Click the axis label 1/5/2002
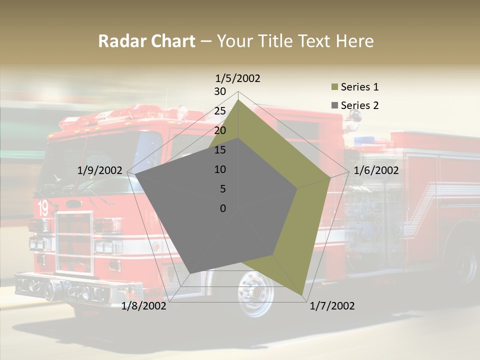click(238, 78)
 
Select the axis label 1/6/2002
click(376, 170)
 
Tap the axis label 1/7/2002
click(332, 306)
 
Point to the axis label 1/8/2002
click(144, 306)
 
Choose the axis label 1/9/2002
click(100, 170)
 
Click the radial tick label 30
click(220, 91)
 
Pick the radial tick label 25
click(220, 111)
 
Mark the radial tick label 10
click(220, 169)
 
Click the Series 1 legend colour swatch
click(335, 87)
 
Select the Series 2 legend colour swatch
click(335, 105)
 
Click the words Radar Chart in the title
click(146, 41)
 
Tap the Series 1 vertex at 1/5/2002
click(238, 100)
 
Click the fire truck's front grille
click(74, 242)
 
